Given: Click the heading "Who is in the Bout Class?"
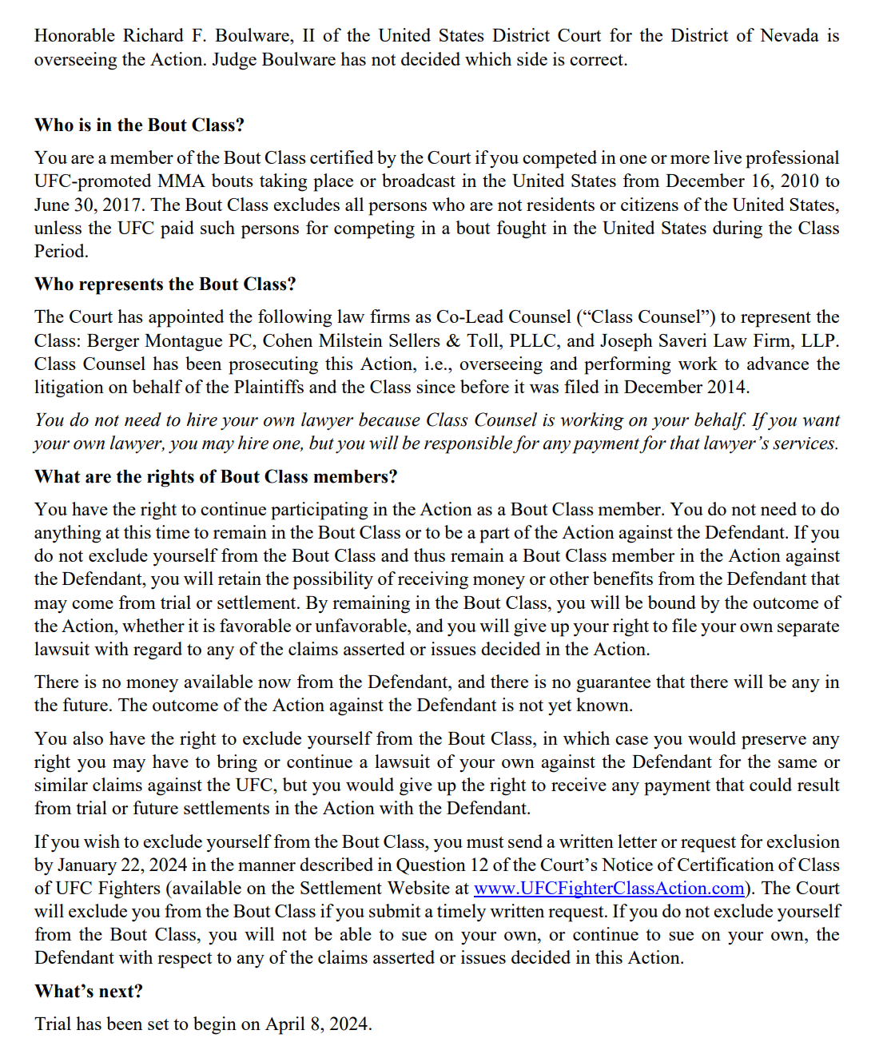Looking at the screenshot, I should pyautogui.click(x=139, y=125).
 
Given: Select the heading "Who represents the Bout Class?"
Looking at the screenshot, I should pyautogui.click(x=165, y=284).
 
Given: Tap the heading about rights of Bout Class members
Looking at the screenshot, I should pyautogui.click(x=216, y=477).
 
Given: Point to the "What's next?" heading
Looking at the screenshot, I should pyautogui.click(x=89, y=992).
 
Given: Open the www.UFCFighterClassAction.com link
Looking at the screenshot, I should pyautogui.click(x=609, y=889).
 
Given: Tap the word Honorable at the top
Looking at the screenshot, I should pyautogui.click(x=74, y=36).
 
